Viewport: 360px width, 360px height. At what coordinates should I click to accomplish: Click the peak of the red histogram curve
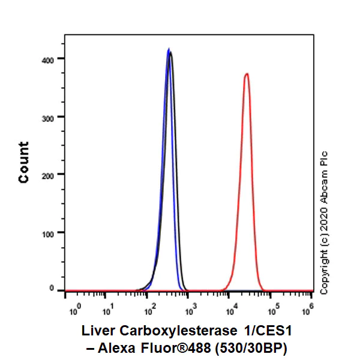[246, 74]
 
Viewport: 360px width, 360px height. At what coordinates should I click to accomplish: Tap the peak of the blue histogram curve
[169, 49]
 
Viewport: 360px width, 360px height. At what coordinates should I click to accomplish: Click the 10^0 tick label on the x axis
[75, 311]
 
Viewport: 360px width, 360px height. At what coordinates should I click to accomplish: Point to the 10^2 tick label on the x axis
[150, 311]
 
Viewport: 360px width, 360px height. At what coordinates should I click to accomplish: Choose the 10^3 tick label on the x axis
[191, 311]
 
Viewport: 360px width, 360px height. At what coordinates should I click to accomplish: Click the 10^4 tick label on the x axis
[232, 311]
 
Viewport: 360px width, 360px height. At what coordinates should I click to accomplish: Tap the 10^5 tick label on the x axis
[272, 311]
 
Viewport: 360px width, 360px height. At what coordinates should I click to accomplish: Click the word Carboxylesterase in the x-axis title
[179, 332]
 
